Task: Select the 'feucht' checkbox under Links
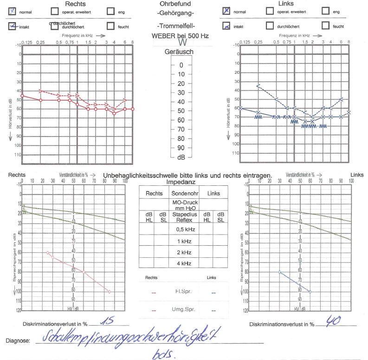325,26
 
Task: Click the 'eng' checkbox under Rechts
110,11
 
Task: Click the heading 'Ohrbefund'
176,4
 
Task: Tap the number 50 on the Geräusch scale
181,111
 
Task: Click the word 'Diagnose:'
18,340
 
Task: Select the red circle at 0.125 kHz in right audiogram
22,96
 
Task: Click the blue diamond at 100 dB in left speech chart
310,291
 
